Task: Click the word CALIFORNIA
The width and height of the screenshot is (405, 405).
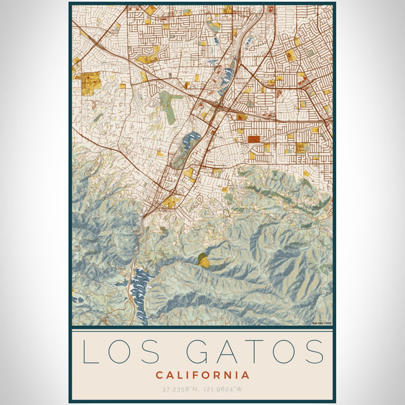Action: tap(203, 375)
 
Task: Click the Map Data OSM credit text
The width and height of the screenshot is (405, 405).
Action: tap(322, 323)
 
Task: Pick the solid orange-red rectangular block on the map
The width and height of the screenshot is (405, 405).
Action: tap(254, 139)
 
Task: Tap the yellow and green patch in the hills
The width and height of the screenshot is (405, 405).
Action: tap(203, 260)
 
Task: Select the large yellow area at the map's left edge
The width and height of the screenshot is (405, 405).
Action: tap(90, 83)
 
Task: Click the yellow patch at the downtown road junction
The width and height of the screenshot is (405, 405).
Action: tap(171, 202)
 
